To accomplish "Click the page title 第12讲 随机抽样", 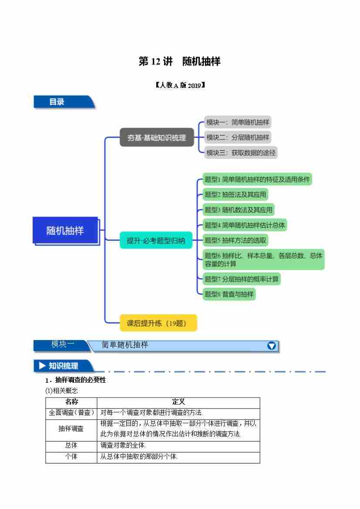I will point(179,62).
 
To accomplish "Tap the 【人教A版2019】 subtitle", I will point(180,85).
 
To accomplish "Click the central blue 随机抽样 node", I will point(65,231).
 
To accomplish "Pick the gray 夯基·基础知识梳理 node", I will point(157,138).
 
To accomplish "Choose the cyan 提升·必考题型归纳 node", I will point(156,240).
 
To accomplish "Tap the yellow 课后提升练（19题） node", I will point(158,323).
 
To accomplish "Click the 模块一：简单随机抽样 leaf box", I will point(239,123).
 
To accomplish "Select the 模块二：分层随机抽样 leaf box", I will point(238,138).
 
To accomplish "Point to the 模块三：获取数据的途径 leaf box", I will point(241,152).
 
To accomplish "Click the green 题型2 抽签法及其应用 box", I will point(236,194).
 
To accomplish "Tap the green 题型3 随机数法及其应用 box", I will point(239,210).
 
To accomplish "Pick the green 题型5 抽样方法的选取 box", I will point(236,240).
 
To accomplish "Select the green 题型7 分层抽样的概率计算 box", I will point(242,279).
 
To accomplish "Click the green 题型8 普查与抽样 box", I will point(229,294).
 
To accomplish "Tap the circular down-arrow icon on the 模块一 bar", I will point(271,346).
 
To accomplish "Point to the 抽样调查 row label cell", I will point(71,428).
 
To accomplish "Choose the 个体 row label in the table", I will point(71,457).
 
